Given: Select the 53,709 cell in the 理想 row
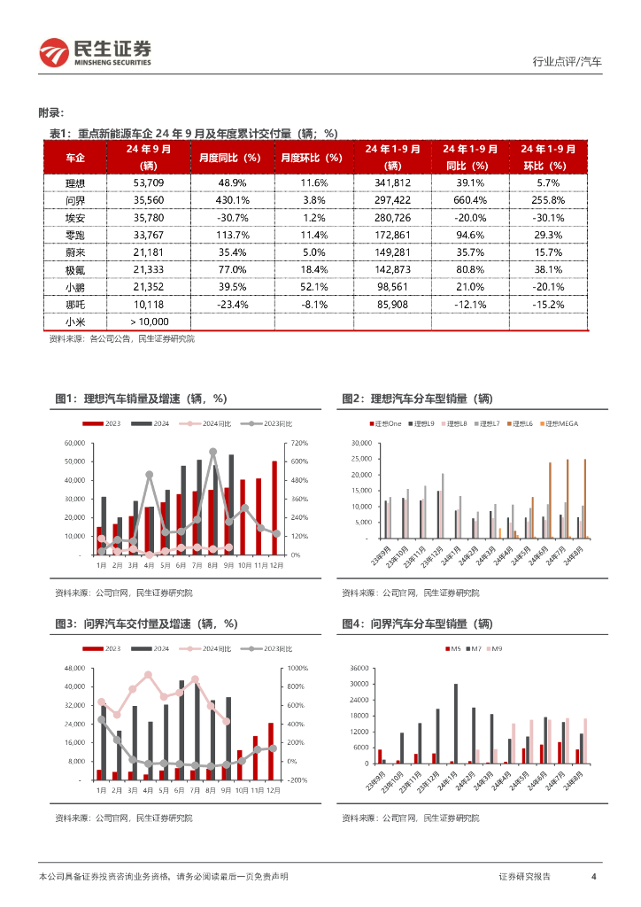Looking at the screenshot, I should coord(146,182).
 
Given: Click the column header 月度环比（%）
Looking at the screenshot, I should coord(310,158).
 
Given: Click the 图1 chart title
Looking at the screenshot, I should coord(141,399).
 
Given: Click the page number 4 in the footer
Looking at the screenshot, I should coord(592,877).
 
